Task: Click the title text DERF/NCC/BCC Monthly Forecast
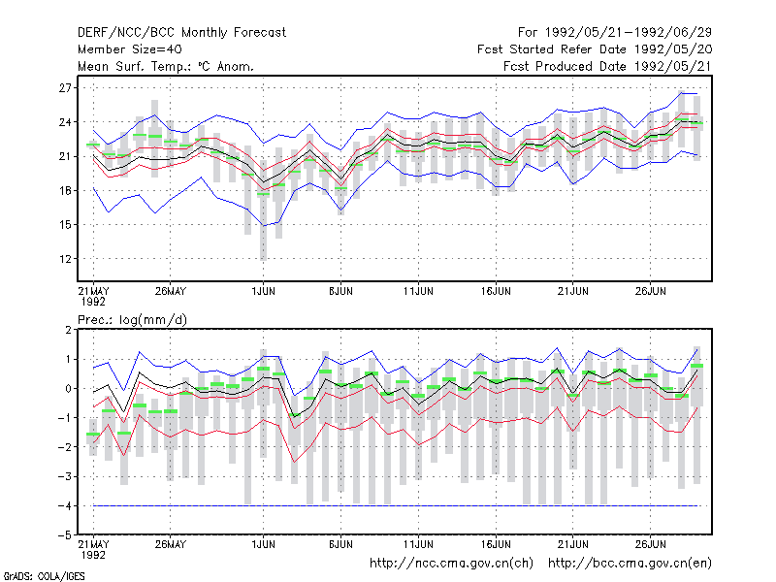click(x=181, y=33)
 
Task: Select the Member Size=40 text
click(x=130, y=49)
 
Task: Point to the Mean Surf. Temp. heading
click(x=165, y=66)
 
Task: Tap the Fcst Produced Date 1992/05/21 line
click(x=607, y=66)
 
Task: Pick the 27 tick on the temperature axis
click(x=65, y=88)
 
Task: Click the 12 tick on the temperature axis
click(x=65, y=259)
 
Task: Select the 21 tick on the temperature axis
click(x=65, y=156)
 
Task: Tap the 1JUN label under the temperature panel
click(x=263, y=291)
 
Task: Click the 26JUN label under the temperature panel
click(x=650, y=291)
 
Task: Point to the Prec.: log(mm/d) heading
click(x=132, y=320)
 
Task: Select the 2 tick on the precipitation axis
click(x=68, y=330)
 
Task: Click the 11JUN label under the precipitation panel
click(x=418, y=544)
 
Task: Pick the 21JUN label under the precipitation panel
click(x=573, y=544)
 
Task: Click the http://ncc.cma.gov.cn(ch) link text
click(x=451, y=564)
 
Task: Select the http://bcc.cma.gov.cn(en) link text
click(x=630, y=564)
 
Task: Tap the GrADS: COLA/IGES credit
click(x=44, y=576)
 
